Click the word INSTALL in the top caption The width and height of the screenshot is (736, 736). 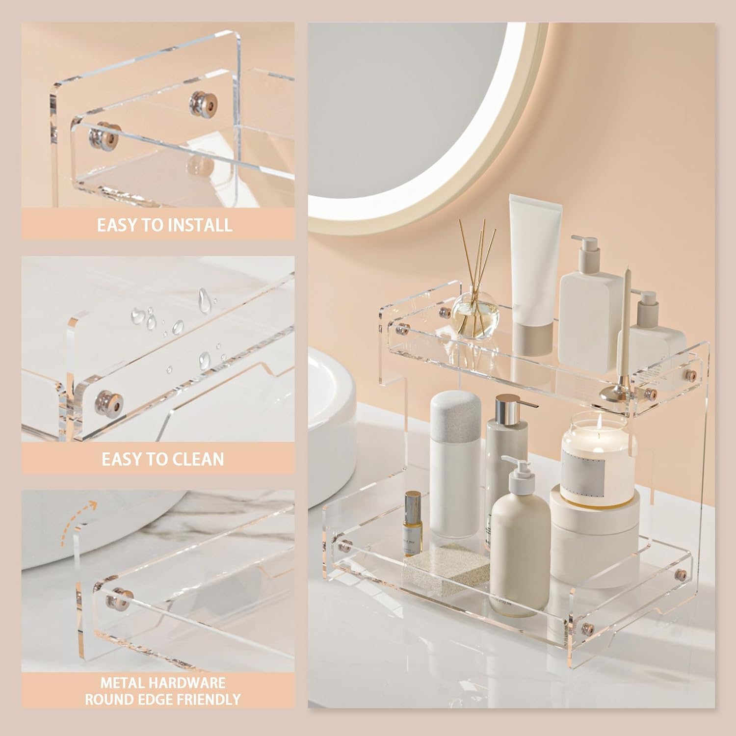coord(199,225)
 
